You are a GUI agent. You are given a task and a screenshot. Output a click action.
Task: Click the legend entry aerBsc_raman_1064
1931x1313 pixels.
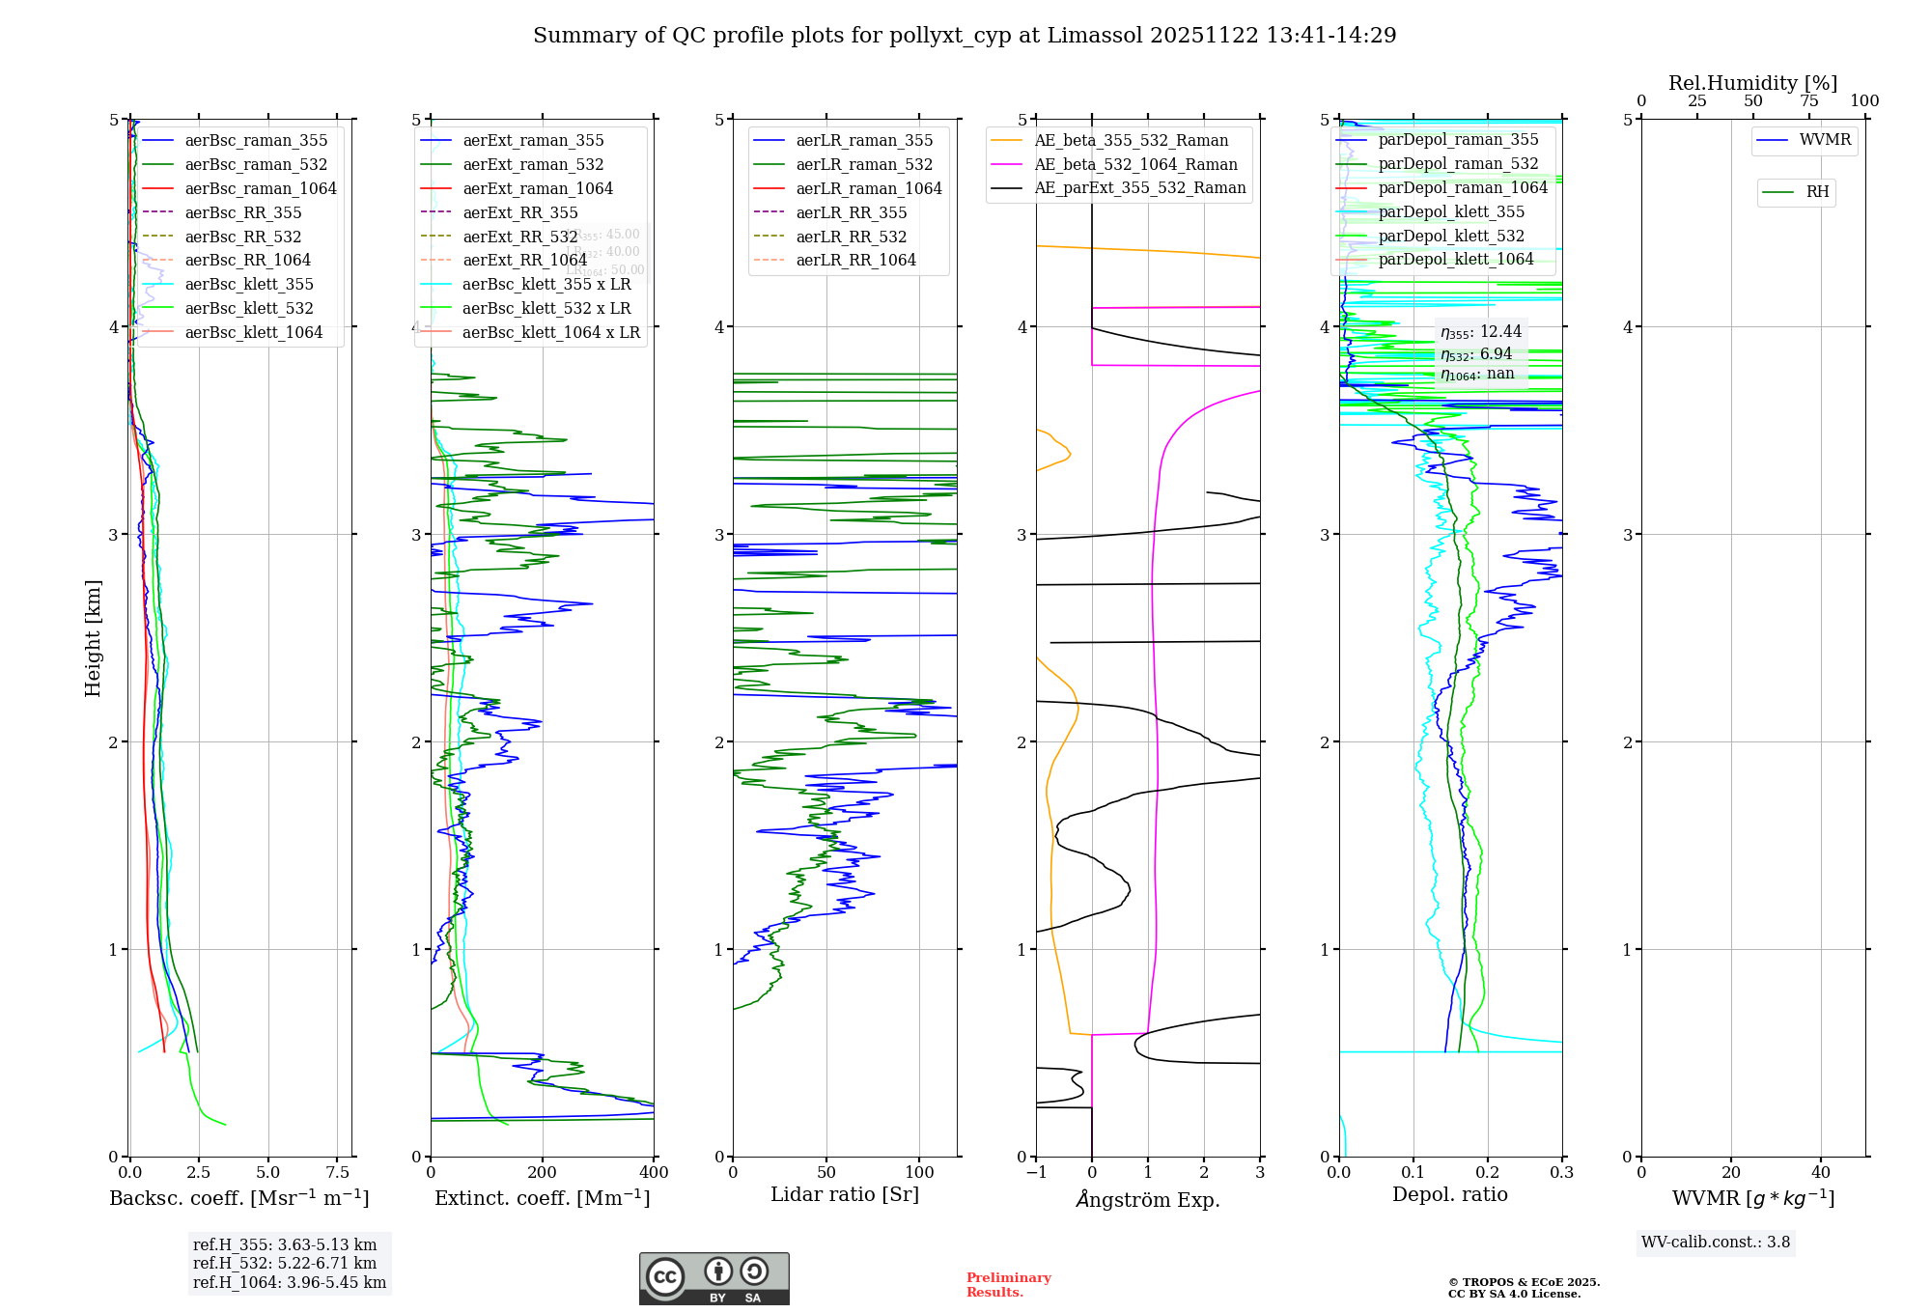pyautogui.click(x=261, y=188)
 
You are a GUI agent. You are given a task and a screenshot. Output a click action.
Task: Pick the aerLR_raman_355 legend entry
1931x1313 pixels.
pyautogui.click(x=864, y=141)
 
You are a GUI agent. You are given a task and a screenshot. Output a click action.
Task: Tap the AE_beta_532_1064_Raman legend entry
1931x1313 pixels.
pyautogui.click(x=1135, y=165)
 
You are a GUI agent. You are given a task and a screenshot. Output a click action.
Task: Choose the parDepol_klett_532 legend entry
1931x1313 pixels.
pyautogui.click(x=1451, y=236)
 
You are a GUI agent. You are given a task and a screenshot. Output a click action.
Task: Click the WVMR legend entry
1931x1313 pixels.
pyautogui.click(x=1825, y=140)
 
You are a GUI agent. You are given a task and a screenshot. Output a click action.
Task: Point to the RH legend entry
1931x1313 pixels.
pyautogui.click(x=1817, y=192)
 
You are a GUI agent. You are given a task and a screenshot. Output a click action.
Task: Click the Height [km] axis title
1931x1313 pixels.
pyautogui.click(x=93, y=638)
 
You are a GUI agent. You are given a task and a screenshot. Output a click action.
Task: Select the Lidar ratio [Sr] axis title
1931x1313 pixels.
pyautogui.click(x=845, y=1194)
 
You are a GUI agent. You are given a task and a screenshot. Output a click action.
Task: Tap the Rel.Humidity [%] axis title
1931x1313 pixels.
pyautogui.click(x=1752, y=83)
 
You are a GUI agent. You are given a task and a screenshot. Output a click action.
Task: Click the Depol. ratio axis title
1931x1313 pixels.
pyautogui.click(x=1449, y=1194)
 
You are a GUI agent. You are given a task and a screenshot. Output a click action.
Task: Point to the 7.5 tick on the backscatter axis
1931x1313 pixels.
pyautogui.click(x=338, y=1173)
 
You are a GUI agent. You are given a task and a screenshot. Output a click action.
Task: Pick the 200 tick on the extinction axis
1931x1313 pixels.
pyautogui.click(x=543, y=1173)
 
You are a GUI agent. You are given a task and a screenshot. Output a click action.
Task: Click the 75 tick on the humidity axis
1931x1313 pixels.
pyautogui.click(x=1809, y=101)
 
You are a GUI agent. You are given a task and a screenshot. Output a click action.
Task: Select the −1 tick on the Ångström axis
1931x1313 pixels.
pyautogui.click(x=1036, y=1173)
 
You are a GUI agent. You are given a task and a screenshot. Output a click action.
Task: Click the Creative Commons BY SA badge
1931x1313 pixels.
pyautogui.click(x=714, y=1279)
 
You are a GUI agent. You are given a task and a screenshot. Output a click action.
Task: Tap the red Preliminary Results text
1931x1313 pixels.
pyautogui.click(x=1008, y=1285)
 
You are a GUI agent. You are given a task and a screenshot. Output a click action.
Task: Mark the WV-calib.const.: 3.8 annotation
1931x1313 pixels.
pyautogui.click(x=1716, y=1243)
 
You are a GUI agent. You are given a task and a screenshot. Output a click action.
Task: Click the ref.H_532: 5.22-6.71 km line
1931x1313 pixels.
pyautogui.click(x=285, y=1264)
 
